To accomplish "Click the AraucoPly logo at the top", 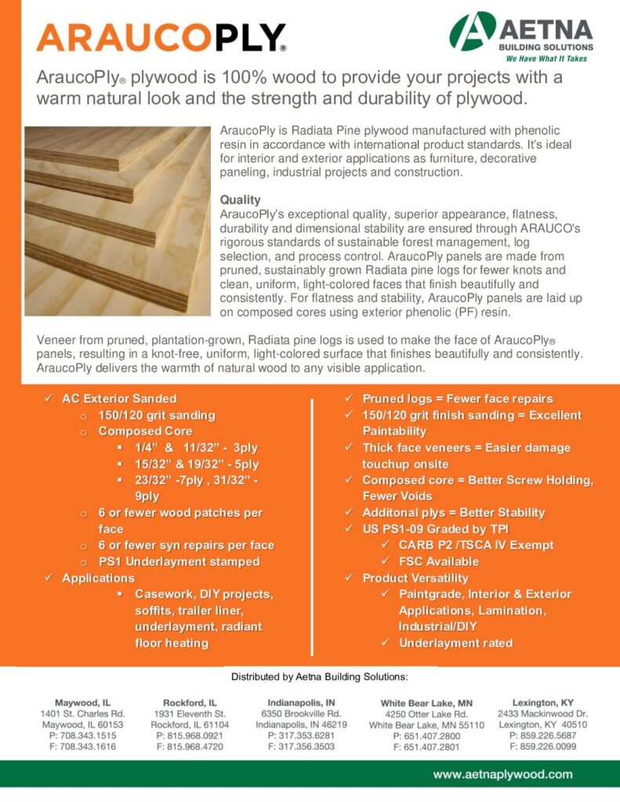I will point(161,37).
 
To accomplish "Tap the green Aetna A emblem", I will point(473,32).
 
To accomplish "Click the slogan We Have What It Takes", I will point(546,59).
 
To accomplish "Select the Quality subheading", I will point(240,200).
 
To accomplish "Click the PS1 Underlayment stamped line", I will point(179,562).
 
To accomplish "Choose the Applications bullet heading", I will point(98,578).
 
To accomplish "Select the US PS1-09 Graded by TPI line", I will point(435,529).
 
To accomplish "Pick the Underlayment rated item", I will point(455,643).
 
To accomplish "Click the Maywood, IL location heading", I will point(82,703).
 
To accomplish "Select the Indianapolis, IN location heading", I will point(301,703).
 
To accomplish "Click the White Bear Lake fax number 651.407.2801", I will point(427,748).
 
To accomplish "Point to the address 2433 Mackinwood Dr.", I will point(542,713).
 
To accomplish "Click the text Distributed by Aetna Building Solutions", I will point(319,676).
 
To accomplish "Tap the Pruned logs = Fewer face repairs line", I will point(457,399).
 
